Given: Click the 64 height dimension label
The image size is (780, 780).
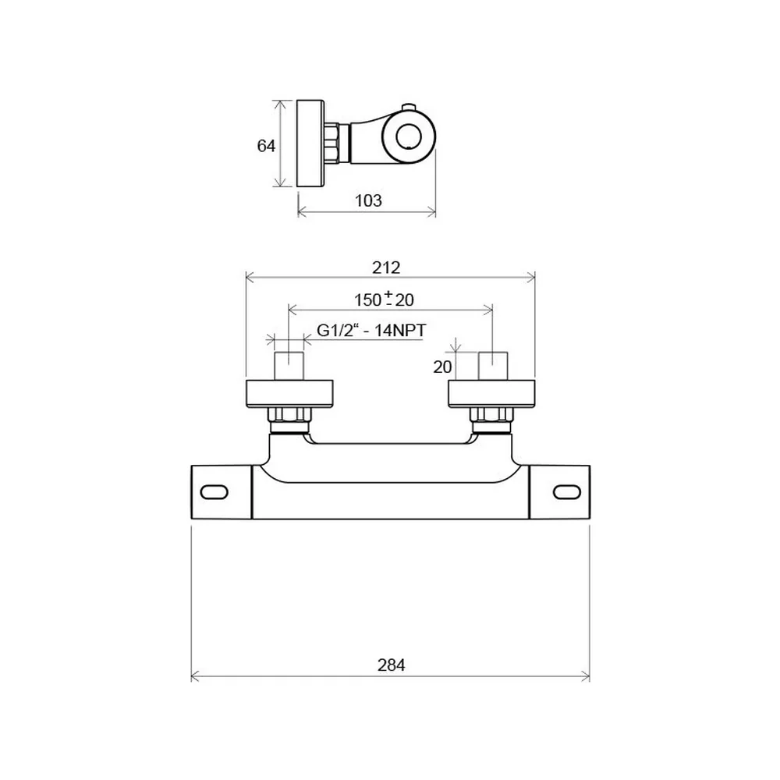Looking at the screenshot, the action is tap(266, 146).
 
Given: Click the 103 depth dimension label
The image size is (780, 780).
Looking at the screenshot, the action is tap(368, 200).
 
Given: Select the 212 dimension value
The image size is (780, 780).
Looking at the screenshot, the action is tap(386, 268).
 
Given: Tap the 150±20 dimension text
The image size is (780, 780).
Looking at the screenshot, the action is tap(384, 299).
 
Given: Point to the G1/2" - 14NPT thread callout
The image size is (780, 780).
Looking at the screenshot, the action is tap(371, 330).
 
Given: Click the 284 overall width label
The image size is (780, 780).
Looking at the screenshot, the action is tap(391, 665).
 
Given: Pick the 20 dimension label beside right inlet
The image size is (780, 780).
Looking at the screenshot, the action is tap(442, 367).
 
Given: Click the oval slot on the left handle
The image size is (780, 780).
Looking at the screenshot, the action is tap(214, 492).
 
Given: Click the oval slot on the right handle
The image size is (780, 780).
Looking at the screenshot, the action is tap(567, 492).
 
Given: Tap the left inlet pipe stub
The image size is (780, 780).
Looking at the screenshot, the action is tap(289, 366).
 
